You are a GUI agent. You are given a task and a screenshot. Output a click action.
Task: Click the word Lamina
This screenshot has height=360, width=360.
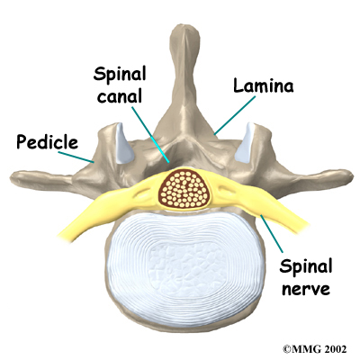tap(264, 85)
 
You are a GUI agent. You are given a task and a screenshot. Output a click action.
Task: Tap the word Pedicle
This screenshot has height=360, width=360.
tap(47, 141)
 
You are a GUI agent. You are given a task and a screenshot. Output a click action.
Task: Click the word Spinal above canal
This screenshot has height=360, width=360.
tap(120, 75)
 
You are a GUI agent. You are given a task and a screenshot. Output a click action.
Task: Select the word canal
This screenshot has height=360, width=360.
tap(120, 96)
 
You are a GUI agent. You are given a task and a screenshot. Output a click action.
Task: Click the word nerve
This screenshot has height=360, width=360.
tap(306, 289)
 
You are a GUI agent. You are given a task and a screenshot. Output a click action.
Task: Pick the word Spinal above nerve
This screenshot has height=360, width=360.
tap(306, 266)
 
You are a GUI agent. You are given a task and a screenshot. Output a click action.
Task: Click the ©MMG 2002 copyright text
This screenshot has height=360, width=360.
tap(315, 349)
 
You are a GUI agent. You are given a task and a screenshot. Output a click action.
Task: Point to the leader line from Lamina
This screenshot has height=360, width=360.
tap(235, 115)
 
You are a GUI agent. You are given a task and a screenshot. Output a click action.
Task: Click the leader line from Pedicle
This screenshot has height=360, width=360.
tap(76, 157)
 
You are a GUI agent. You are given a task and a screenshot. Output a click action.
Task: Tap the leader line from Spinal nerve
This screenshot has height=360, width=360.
tap(271, 233)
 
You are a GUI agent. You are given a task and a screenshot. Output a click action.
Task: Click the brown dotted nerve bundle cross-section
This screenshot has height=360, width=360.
tap(184, 189)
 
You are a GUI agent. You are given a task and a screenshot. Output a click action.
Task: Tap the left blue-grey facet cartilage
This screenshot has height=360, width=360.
tap(123, 143)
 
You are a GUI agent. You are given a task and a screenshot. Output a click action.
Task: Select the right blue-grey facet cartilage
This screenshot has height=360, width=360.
tap(244, 143)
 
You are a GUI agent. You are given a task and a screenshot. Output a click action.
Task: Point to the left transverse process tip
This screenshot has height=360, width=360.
tap(12, 178)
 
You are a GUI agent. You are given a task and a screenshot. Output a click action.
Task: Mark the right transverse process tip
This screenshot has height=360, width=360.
tap(351, 175)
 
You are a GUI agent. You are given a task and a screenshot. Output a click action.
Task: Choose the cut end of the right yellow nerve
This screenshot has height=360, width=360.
tap(303, 227)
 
